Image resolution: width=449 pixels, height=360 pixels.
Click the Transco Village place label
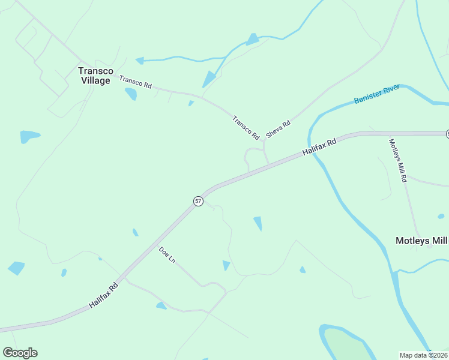coord(95,76)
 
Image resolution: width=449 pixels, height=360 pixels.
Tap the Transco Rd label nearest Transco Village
coord(135,82)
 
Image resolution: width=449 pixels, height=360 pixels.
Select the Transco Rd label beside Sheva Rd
coord(246,128)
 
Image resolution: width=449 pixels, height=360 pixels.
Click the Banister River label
coord(376,95)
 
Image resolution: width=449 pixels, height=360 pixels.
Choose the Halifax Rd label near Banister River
coord(320,146)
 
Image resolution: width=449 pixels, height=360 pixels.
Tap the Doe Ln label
coord(167,256)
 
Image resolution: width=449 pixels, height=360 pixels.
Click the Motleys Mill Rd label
coord(398,160)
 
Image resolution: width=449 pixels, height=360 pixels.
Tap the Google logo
coord(20,353)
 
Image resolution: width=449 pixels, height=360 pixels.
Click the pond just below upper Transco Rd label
coord(130,94)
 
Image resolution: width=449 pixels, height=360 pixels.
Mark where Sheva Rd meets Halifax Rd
coord(268,163)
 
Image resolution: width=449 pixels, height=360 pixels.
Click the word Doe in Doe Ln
coord(163,252)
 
